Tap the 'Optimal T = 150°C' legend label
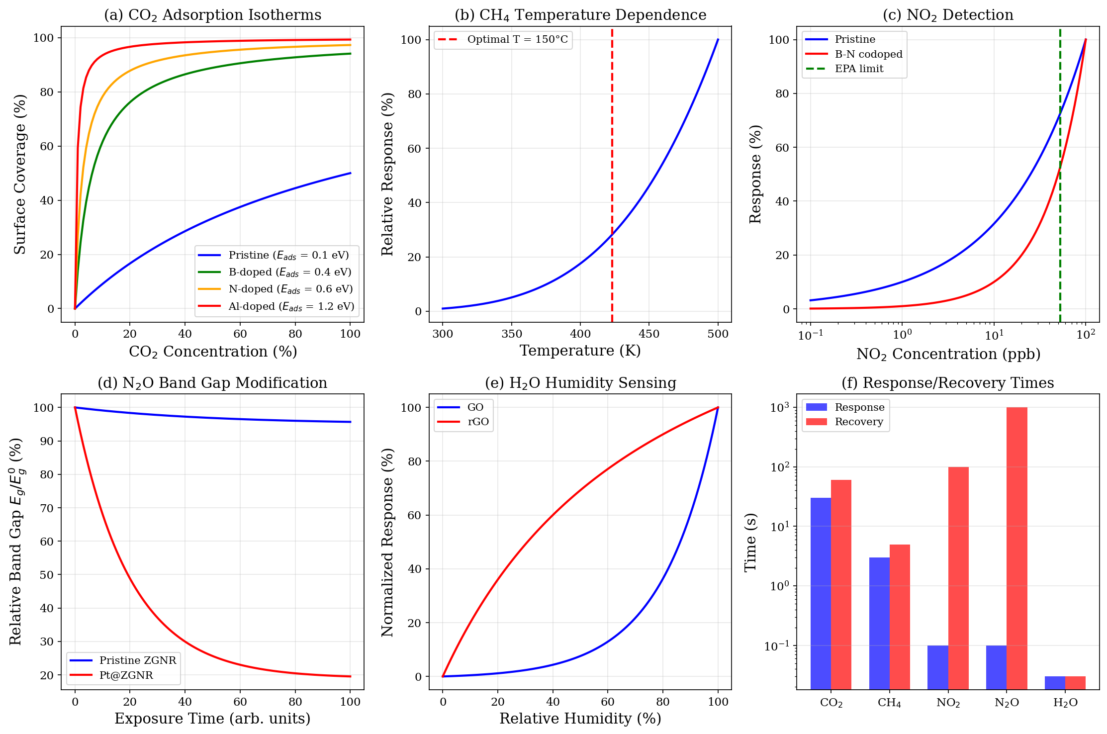517,39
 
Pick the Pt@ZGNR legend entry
126,675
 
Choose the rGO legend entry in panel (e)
478,422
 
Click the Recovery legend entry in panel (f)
859,422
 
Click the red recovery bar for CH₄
900,617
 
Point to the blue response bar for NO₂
937,667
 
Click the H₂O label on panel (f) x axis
1065,703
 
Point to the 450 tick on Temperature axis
649,334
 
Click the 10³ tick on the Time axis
779,408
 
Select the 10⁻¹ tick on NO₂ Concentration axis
810,336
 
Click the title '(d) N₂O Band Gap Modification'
212,383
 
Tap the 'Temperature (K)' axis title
580,351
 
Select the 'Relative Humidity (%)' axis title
580,719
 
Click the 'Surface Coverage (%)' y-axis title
20,174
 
